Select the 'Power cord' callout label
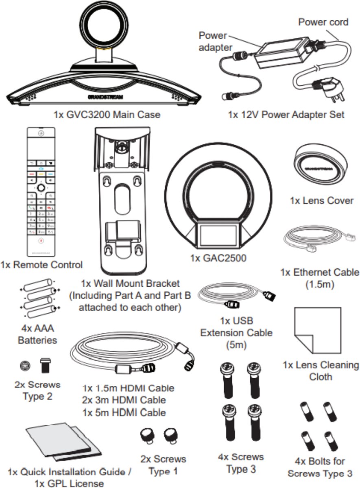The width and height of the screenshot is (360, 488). [323, 22]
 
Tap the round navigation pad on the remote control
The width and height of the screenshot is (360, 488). [41, 187]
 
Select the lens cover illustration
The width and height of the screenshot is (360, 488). [321, 166]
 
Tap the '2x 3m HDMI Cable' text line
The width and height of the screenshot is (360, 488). [124, 400]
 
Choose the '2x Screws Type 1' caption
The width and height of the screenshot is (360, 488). [163, 465]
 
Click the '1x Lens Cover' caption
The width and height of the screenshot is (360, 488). [321, 200]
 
